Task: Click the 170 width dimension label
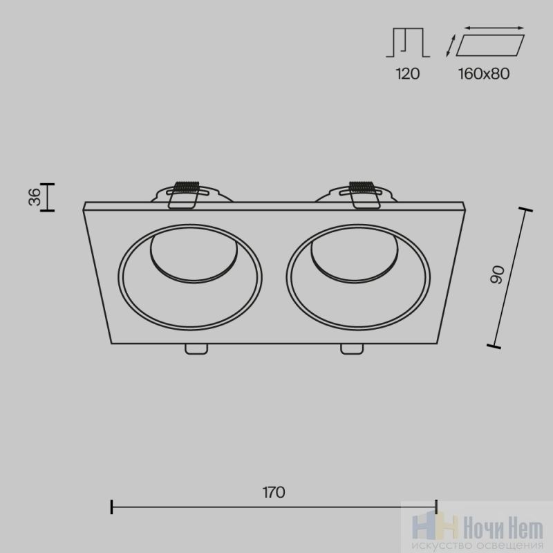tap(274, 492)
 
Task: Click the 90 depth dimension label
tap(498, 275)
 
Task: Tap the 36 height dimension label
tap(35, 197)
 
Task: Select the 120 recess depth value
tap(408, 74)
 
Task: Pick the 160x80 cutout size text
tap(484, 74)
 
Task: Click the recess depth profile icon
tap(408, 42)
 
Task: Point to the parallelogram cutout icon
tap(490, 45)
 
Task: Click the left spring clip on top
tap(183, 195)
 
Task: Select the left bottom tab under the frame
tap(196, 349)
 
